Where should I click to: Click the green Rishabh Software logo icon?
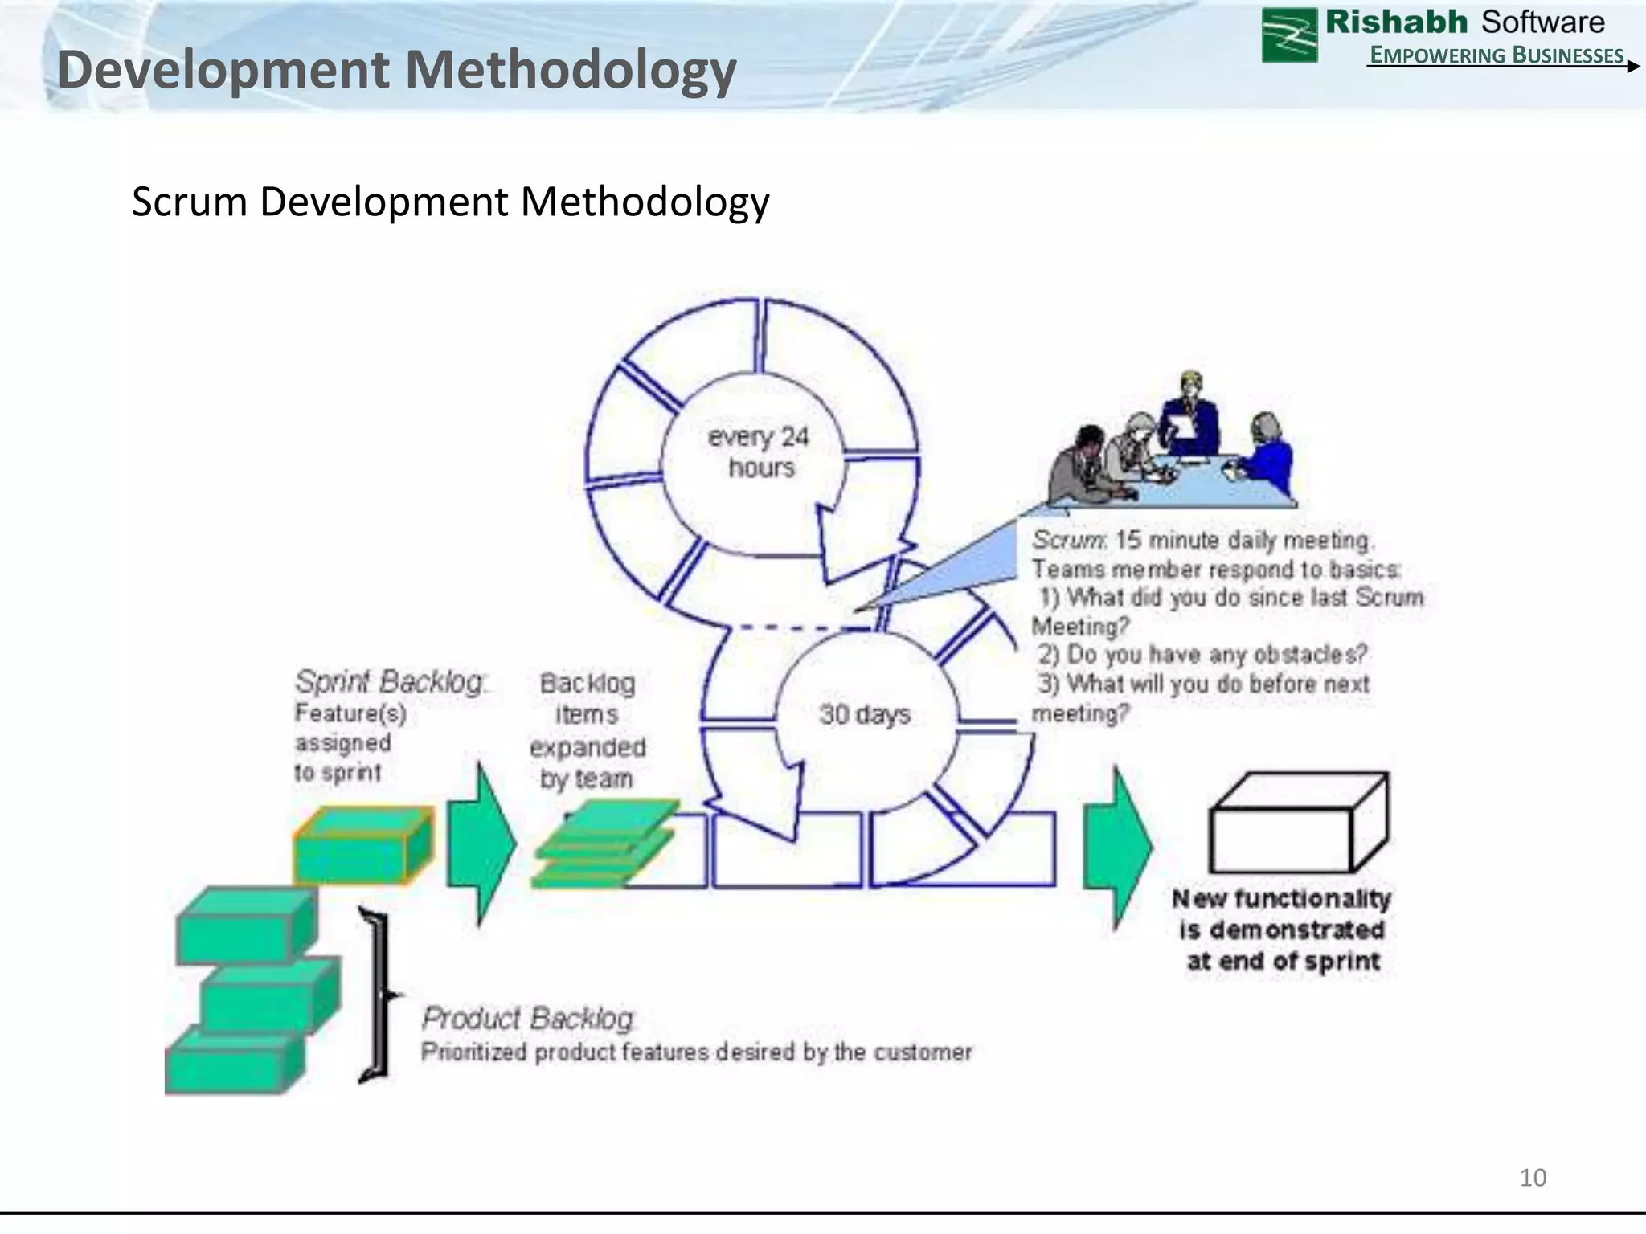(1289, 35)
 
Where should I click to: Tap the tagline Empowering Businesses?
(1497, 55)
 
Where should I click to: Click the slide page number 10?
(1533, 1178)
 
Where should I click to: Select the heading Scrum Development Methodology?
(450, 201)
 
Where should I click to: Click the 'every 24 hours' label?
(759, 452)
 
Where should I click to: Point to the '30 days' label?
(865, 713)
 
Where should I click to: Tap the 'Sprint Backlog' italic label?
(391, 682)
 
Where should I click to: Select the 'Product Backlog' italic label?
(528, 1018)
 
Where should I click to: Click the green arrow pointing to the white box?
(1117, 845)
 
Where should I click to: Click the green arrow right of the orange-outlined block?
(480, 844)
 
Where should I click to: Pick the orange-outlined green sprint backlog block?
(363, 847)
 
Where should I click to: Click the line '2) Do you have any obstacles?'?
(1202, 655)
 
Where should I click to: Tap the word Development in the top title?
(224, 70)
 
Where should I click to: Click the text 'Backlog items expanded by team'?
(587, 731)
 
